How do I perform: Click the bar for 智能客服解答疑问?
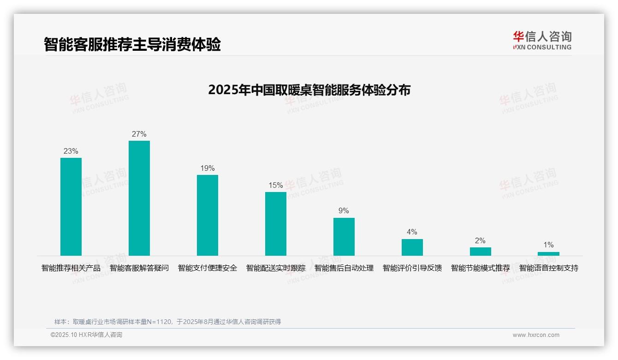(x=139, y=198)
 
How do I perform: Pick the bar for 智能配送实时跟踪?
(x=276, y=224)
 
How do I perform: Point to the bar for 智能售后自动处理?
(x=344, y=237)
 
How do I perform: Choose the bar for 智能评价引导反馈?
(x=412, y=247)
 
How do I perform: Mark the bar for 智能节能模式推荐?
(x=481, y=252)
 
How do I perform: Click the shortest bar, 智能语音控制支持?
(x=548, y=254)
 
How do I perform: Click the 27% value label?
(x=139, y=134)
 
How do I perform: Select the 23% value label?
(x=71, y=151)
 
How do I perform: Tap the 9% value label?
(x=344, y=211)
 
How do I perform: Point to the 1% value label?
(x=548, y=245)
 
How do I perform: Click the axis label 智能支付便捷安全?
(x=208, y=268)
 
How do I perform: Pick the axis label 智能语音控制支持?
(x=549, y=268)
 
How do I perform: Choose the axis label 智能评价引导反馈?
(x=412, y=268)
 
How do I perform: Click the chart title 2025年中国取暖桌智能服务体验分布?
(x=309, y=90)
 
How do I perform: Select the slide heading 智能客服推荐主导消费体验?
(x=132, y=45)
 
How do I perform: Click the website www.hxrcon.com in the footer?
(x=536, y=335)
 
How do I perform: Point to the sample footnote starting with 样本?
(x=167, y=322)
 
